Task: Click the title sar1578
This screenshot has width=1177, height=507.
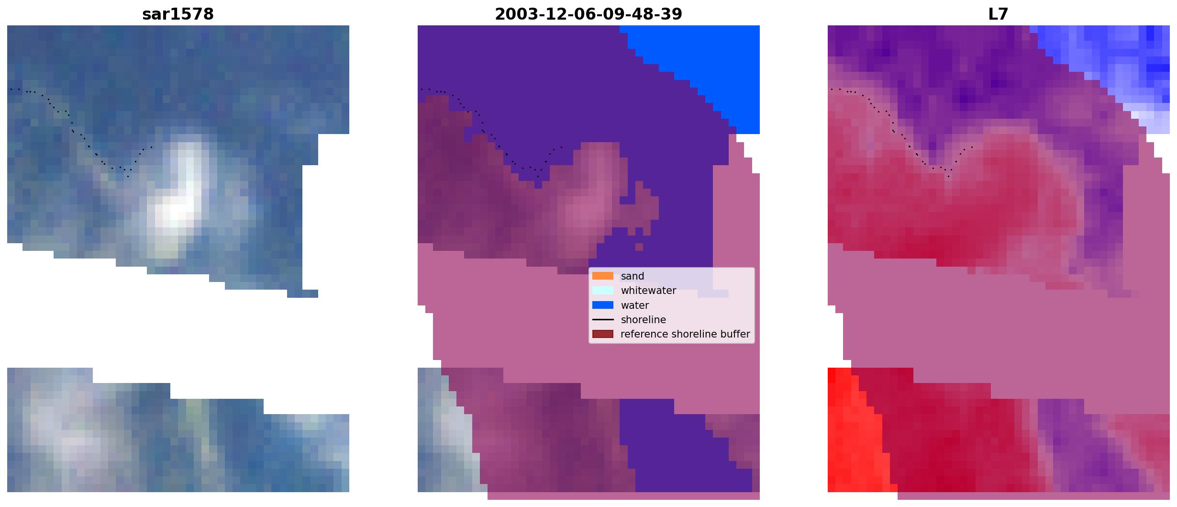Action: (178, 14)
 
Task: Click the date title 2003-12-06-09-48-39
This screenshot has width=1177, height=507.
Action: (588, 14)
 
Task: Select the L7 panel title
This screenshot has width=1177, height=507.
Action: (999, 14)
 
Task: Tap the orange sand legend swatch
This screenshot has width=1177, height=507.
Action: (603, 276)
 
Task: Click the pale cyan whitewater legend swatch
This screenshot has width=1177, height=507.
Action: (603, 291)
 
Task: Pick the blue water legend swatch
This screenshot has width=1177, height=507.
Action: (603, 305)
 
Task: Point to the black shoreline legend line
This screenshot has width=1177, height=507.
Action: (603, 319)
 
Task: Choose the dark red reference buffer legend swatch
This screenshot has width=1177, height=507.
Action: (603, 334)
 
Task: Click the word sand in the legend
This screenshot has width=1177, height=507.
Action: (633, 276)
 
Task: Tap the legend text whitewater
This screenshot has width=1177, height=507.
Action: (648, 291)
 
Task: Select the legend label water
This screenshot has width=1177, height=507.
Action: (635, 305)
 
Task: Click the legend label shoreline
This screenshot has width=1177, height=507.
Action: (644, 320)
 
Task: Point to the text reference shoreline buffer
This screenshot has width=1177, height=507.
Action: (685, 334)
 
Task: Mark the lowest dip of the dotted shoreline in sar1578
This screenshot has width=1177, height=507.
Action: (128, 176)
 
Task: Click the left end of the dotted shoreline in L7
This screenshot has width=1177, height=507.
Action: (832, 89)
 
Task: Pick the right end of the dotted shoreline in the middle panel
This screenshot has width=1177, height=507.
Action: (562, 146)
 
